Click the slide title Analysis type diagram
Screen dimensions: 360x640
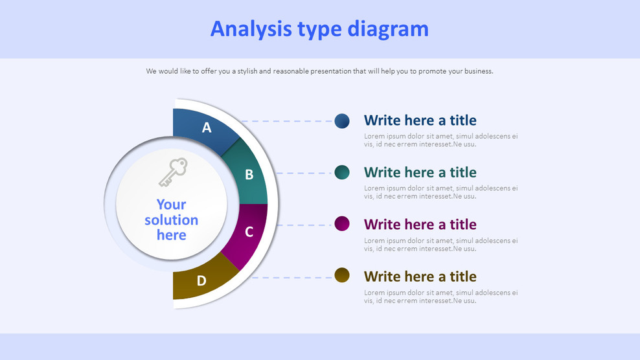tap(319, 29)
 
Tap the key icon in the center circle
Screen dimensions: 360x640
tap(172, 172)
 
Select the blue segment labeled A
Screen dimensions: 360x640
tap(205, 128)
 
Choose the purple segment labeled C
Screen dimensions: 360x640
tap(247, 232)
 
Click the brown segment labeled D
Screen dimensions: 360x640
tap(201, 280)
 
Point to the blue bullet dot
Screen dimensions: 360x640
tap(342, 120)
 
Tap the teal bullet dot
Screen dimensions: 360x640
tap(342, 172)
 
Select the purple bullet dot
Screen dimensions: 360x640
tap(342, 224)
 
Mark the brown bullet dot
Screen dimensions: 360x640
tap(342, 276)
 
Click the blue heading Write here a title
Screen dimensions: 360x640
tap(420, 120)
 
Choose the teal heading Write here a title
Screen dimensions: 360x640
tap(420, 172)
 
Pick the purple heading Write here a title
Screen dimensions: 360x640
tap(420, 225)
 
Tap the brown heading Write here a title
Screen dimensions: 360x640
tap(420, 276)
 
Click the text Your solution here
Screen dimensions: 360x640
tap(171, 220)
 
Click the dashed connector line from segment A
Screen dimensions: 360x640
tap(288, 121)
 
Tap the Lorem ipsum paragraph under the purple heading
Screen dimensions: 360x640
tap(440, 244)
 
